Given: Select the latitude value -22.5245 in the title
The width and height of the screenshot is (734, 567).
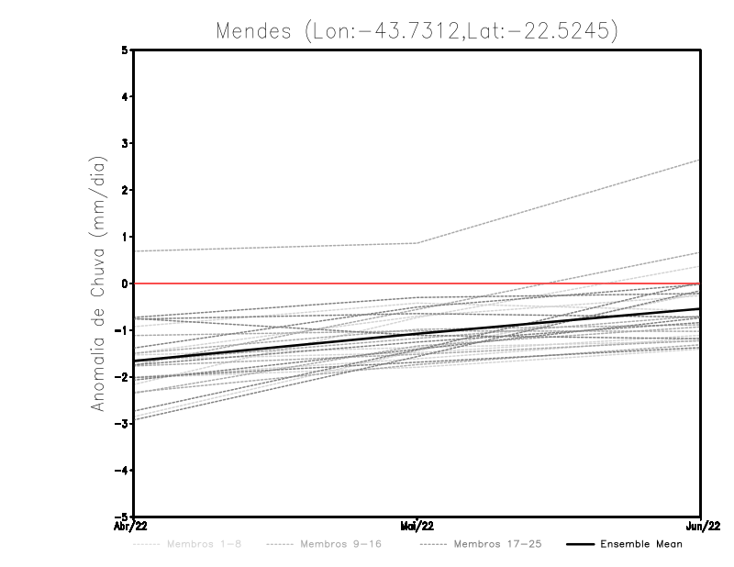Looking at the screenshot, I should point(560,30).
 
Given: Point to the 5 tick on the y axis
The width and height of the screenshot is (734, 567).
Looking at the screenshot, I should point(126,50).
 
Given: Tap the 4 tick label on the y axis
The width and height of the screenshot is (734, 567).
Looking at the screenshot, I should point(126,97).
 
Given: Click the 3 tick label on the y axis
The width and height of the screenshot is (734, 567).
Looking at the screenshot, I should point(126,144).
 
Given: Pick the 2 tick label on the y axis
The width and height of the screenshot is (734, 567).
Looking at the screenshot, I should point(126,191).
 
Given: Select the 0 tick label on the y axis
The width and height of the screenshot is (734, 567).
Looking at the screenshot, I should point(126,283).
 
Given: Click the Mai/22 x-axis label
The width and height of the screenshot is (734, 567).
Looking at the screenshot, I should point(417,527).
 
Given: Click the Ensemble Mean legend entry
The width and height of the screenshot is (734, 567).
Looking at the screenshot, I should point(641,545).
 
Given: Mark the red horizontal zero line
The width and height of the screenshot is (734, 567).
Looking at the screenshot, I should point(275,283).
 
